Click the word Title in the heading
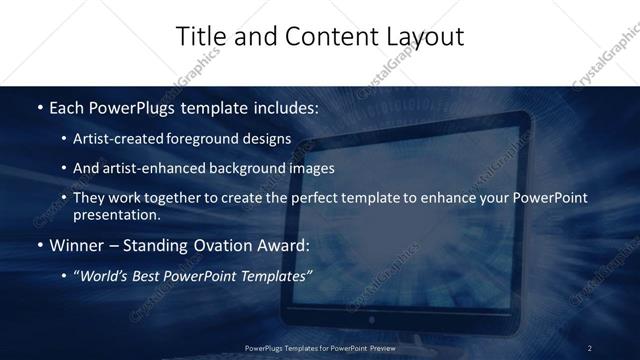click(198, 37)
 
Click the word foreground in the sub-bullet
click(214, 138)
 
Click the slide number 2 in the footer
click(590, 347)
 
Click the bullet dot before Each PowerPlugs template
click(39, 106)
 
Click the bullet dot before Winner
click(39, 245)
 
